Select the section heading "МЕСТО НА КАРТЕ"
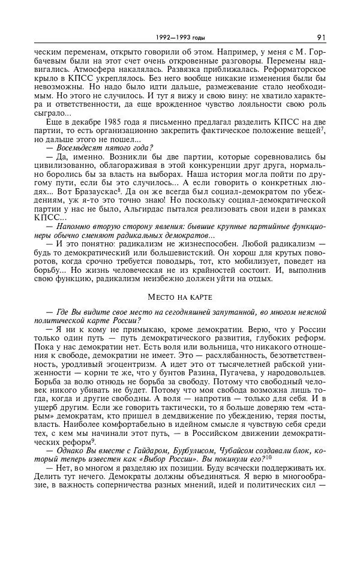pyautogui.click(x=179, y=296)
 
